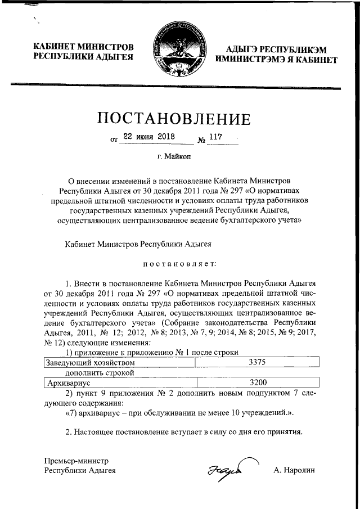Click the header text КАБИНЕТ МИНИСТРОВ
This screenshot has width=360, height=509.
(83, 47)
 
